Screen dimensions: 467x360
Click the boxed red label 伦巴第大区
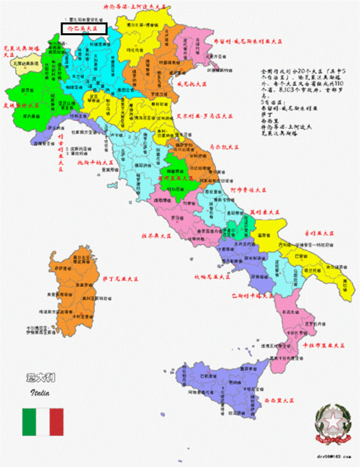click(83, 29)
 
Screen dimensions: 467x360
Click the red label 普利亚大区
click(319, 233)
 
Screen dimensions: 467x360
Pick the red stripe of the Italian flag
click(55, 422)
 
